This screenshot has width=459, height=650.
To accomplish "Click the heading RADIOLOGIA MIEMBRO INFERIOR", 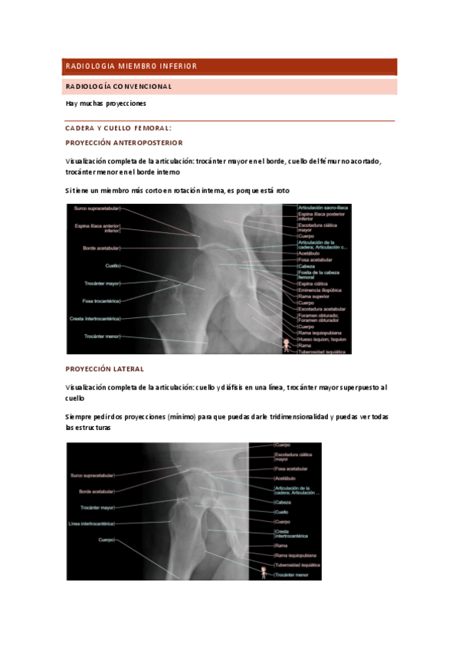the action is (x=131, y=67).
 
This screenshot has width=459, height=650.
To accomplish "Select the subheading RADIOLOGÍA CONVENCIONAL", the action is (x=119, y=87).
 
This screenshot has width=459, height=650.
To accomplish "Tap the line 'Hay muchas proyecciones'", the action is (x=106, y=103).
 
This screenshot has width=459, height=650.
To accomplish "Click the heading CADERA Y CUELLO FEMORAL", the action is (x=118, y=128).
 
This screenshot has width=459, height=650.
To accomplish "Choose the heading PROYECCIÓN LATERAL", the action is (x=105, y=369).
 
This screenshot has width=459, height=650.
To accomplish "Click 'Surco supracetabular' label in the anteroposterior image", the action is (x=97, y=208).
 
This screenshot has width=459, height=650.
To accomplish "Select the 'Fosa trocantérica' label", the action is (x=101, y=300).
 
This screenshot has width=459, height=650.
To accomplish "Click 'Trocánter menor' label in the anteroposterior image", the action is (x=102, y=336).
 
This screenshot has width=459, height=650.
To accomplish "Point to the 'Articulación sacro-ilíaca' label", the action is (x=320, y=208).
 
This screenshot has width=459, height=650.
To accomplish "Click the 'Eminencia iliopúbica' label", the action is (x=320, y=291).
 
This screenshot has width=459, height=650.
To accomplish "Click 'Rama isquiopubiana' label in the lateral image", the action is (x=296, y=554).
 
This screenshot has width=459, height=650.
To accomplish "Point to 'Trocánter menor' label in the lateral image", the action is (x=295, y=574).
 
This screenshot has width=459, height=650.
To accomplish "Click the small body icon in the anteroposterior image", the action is (x=287, y=345).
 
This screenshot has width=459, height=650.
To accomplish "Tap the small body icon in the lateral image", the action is (x=264, y=572).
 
